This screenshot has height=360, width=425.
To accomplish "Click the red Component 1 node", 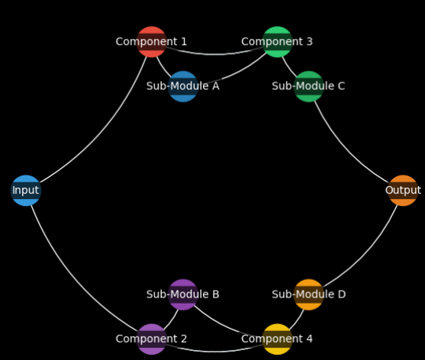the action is pos(152,42).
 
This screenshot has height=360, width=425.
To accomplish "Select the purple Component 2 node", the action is pos(152,339).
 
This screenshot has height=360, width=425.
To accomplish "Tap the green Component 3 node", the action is pos(277,42).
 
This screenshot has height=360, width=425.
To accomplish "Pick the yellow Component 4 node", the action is pos(277,339).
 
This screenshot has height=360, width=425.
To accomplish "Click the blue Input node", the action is pos(26,190).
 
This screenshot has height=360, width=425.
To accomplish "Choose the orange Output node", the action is pos(403,190).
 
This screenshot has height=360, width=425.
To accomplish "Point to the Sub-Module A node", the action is pos(183,86).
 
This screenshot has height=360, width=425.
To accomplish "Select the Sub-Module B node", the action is pos(183,294).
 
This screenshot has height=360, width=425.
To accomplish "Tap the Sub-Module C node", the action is pos(309,86).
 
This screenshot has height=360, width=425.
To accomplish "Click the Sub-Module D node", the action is pos(309,294).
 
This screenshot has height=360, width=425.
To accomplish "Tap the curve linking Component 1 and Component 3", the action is pos(214,54).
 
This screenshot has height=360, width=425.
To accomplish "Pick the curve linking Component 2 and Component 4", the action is pos(214,352).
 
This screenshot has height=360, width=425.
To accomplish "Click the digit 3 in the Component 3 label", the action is pos(310,42).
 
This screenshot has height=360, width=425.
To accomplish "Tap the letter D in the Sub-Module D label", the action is pos(342,294).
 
